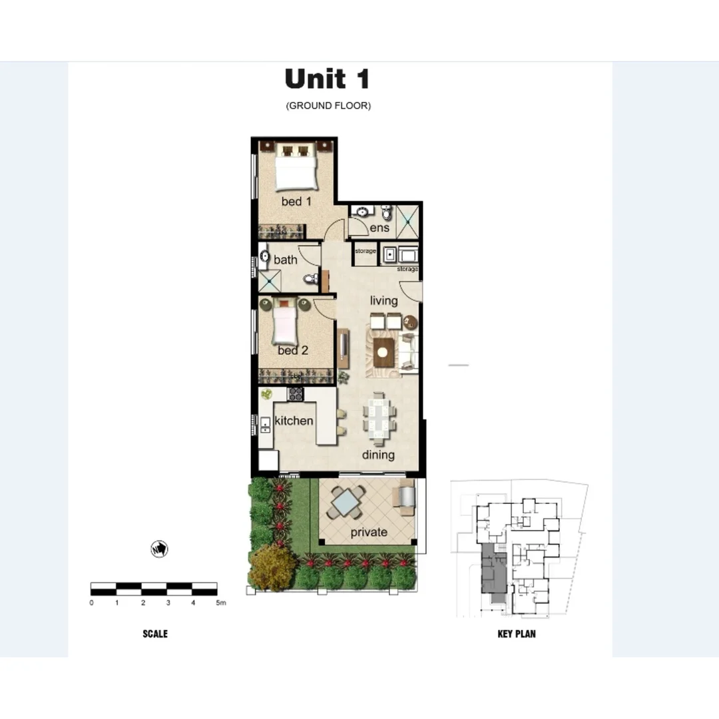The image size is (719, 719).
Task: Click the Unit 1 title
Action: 327,79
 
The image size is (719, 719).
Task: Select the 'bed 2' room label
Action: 293,350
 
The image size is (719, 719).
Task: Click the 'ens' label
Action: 379,228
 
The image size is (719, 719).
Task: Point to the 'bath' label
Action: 286,260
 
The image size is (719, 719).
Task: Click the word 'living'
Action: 383,301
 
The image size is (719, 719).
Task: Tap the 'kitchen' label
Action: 294,421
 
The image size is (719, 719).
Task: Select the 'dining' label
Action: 378,455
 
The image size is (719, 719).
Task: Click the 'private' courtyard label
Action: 369,532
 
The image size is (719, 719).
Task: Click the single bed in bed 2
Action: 285,322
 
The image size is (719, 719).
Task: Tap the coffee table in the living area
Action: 384,353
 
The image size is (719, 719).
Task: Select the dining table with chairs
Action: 379,419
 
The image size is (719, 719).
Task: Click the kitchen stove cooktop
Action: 295,393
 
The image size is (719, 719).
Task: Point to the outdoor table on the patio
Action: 347,502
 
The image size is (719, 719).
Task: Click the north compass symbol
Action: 159,549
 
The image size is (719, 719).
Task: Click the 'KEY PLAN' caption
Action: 516,634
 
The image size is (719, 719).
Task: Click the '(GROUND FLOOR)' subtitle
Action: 328,106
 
